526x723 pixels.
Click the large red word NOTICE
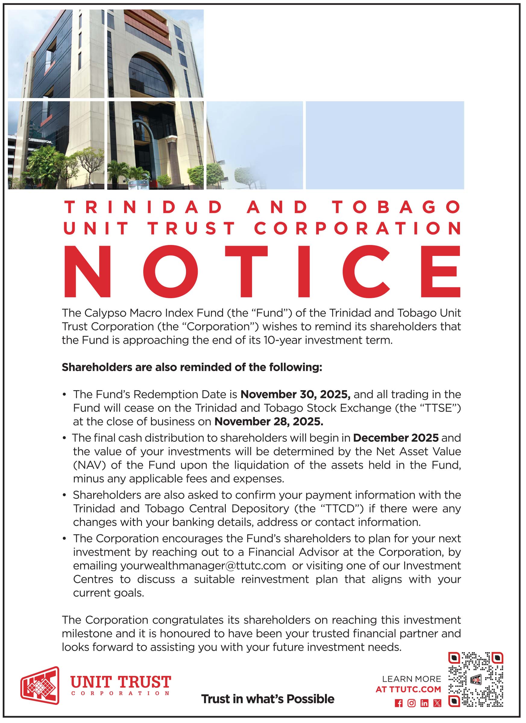262,271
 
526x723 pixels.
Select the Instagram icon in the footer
411,703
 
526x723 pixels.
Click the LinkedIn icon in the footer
424,703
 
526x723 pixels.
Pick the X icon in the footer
437,703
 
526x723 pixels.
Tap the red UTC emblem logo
40,685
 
